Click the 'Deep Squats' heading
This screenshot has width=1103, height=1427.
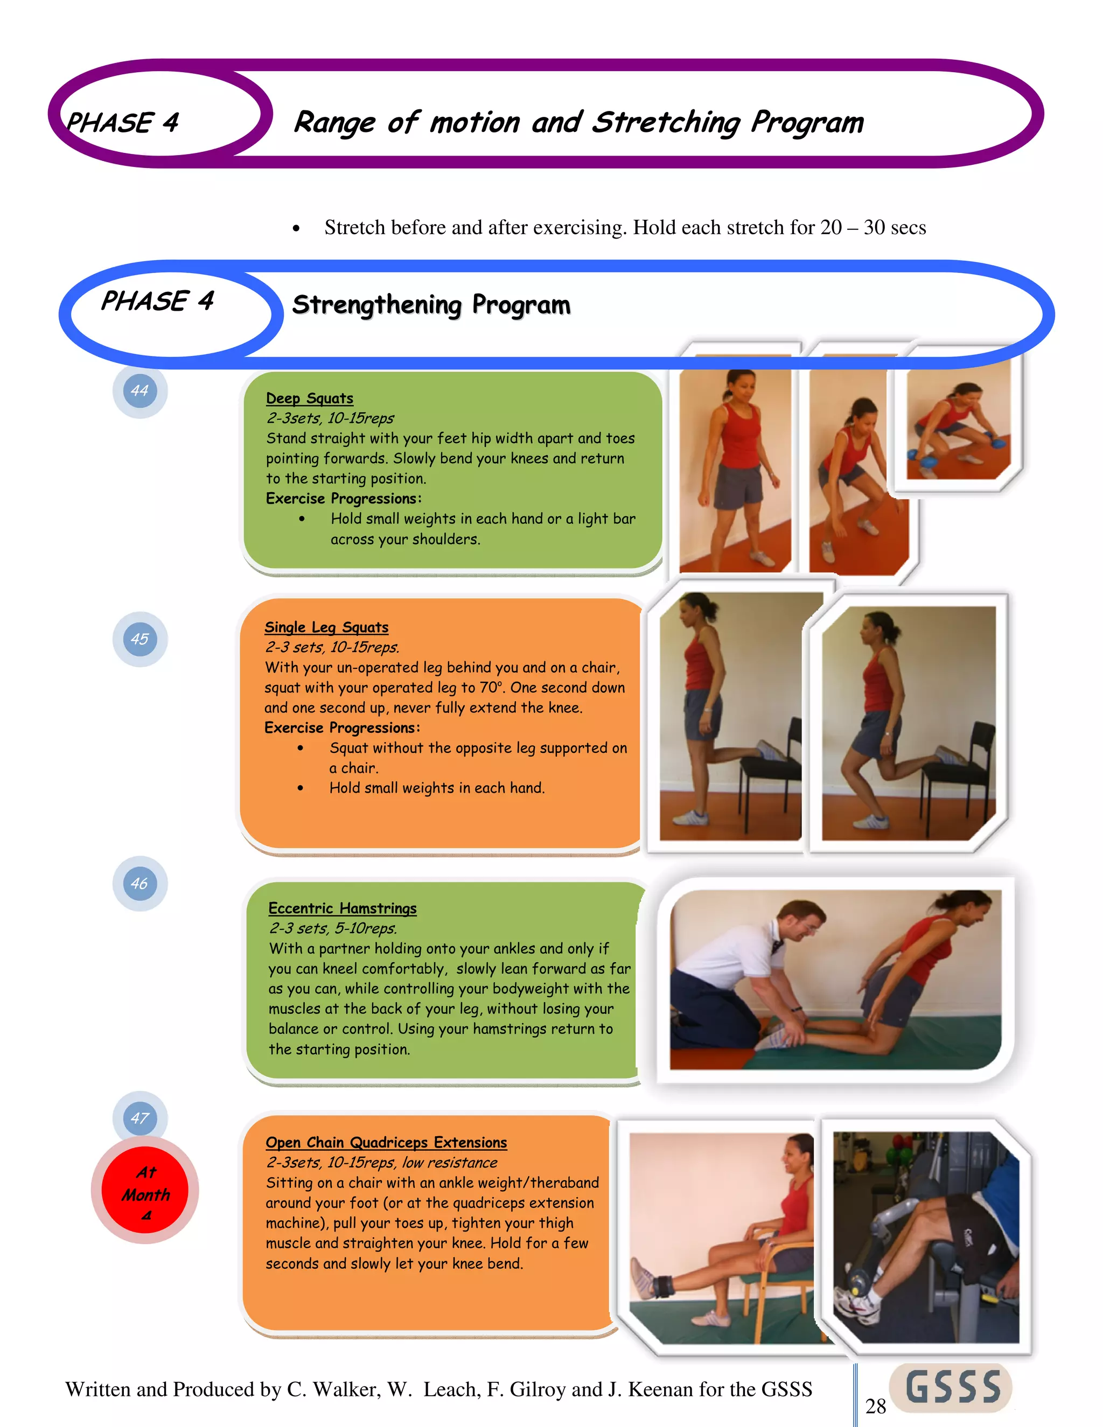(309, 398)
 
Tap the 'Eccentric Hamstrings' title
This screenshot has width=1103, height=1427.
(342, 908)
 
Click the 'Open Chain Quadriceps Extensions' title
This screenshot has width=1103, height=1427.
(386, 1142)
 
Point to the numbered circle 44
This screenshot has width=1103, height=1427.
(140, 391)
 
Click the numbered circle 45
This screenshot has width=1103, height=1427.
(140, 639)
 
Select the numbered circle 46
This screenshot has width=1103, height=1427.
(140, 883)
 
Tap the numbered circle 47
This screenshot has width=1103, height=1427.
(140, 1118)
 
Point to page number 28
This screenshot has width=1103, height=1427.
(875, 1406)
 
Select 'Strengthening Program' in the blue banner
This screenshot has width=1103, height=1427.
(431, 304)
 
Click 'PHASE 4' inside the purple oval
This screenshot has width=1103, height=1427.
(122, 123)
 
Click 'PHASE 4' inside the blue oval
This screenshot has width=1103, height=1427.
(157, 301)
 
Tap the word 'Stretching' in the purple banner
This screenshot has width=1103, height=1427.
(667, 123)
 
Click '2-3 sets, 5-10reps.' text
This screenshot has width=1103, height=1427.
(333, 928)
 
